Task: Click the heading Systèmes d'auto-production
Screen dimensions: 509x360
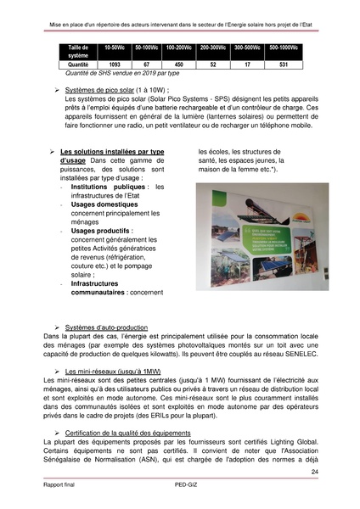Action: pyautogui.click(x=106, y=327)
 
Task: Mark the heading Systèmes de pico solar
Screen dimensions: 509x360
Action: pyautogui.click(x=104, y=89)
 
